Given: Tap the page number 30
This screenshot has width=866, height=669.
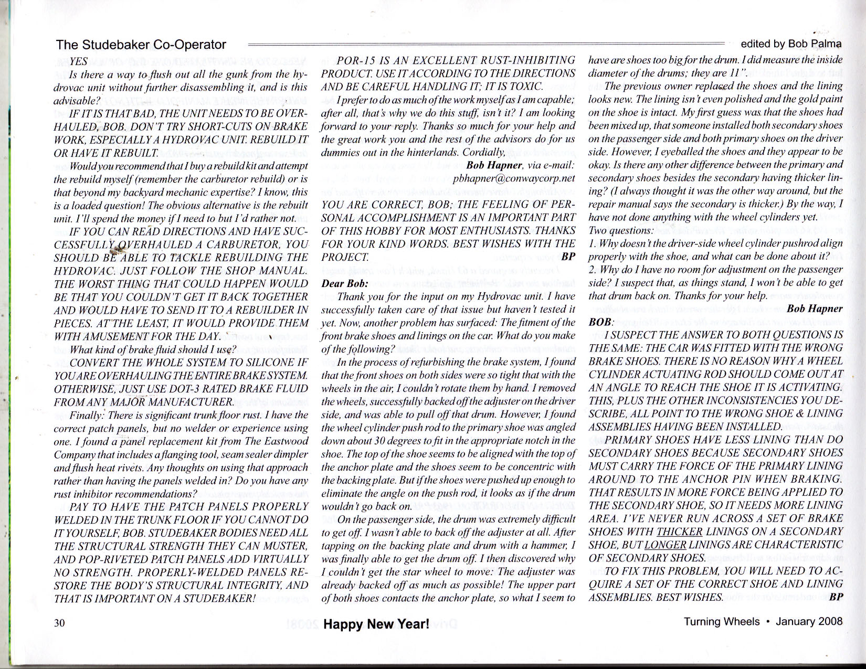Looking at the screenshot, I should (x=59, y=623).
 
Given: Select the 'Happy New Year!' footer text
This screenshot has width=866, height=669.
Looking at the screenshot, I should (x=376, y=624).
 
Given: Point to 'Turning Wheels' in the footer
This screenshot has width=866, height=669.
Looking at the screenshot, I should (x=721, y=622).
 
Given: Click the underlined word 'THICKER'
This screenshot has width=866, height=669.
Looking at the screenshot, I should (x=679, y=532).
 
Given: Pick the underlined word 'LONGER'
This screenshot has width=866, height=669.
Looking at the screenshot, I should (x=665, y=545).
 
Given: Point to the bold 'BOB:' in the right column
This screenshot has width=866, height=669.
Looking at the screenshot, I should (x=600, y=322).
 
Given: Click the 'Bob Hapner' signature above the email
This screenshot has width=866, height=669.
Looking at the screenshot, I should (x=491, y=165).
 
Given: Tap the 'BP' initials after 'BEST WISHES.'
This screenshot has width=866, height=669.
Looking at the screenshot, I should (x=836, y=597).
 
